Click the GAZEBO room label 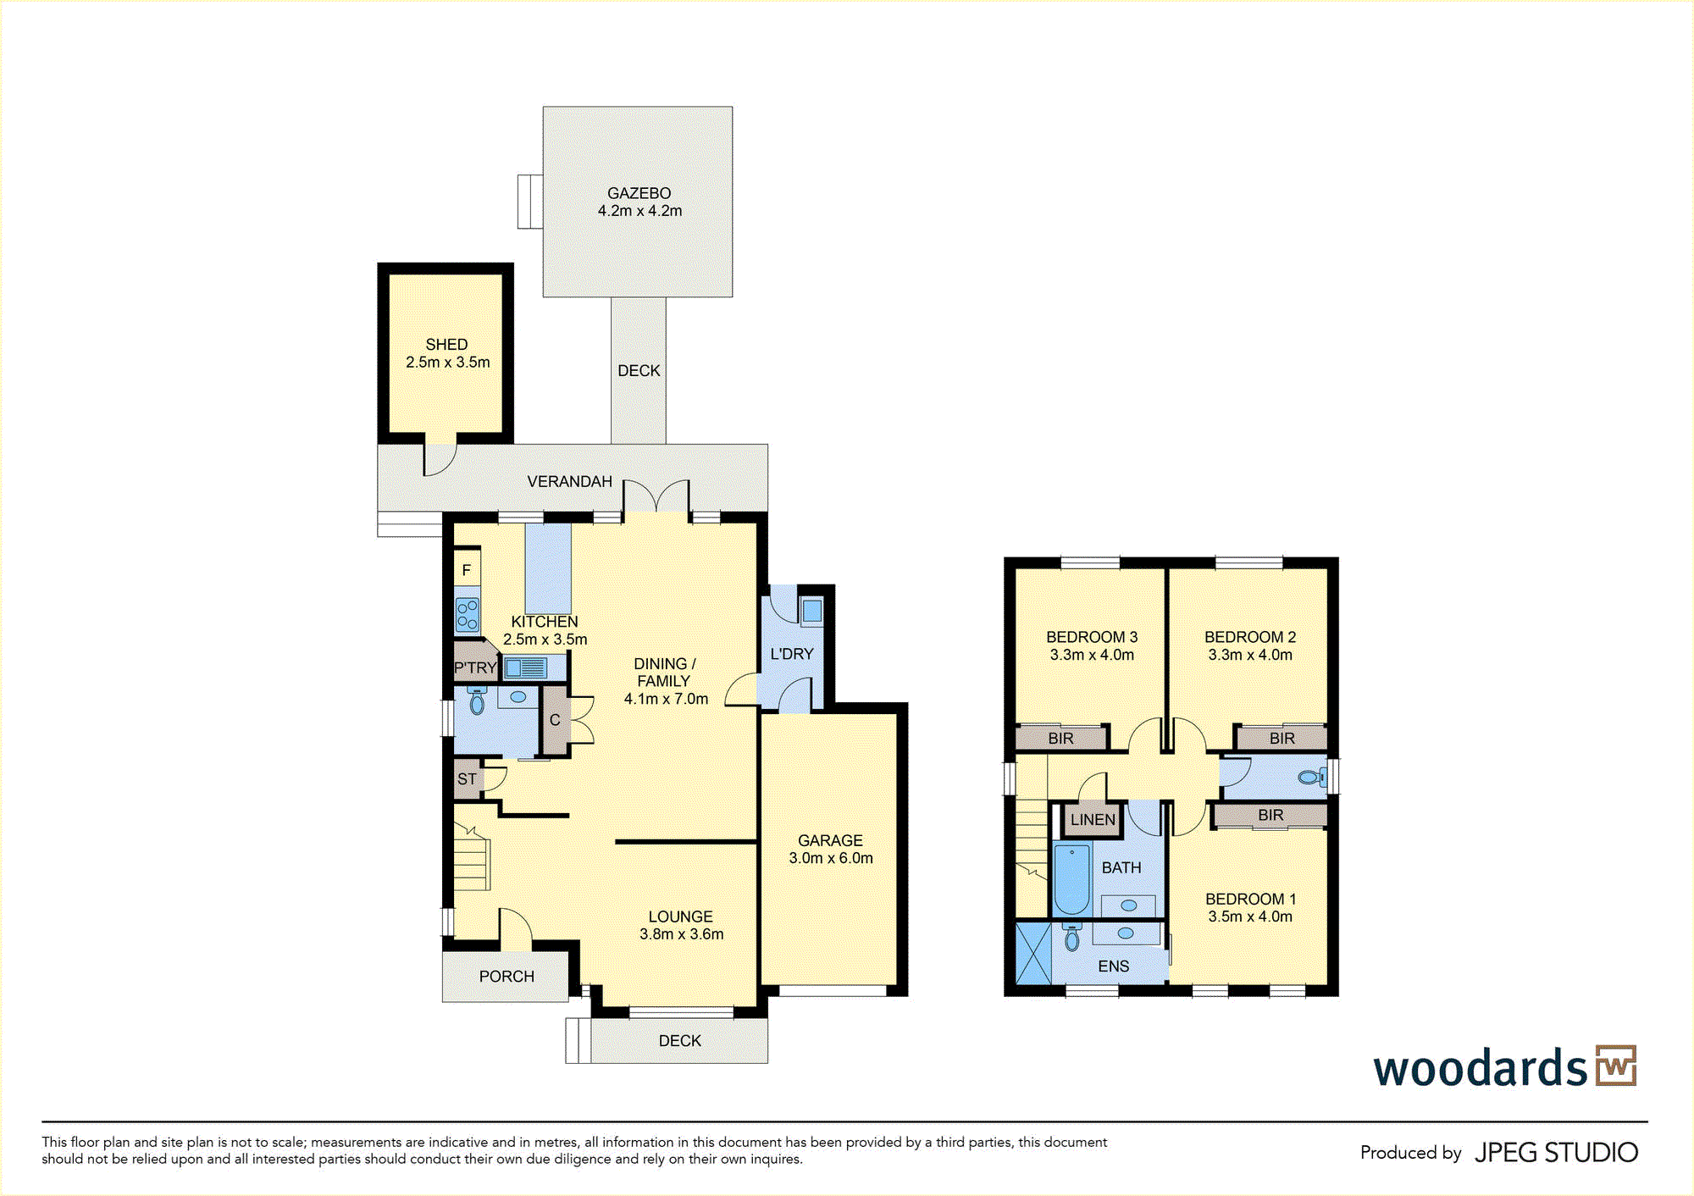click(639, 193)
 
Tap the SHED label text click(446, 345)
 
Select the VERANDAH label click(569, 481)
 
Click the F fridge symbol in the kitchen click(467, 570)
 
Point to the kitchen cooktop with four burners click(468, 614)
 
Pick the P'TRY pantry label click(475, 667)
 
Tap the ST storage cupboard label click(467, 779)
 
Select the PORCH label click(507, 976)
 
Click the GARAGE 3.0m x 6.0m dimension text click(831, 858)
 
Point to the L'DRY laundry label click(792, 654)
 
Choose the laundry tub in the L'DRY click(811, 612)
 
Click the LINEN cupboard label click(1093, 819)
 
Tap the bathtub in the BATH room click(1071, 879)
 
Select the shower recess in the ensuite click(1033, 954)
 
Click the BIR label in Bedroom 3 click(1060, 739)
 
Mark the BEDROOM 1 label click(1250, 899)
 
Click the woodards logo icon click(1616, 1066)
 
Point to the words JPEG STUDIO click(1556, 1153)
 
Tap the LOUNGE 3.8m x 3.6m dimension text click(682, 934)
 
